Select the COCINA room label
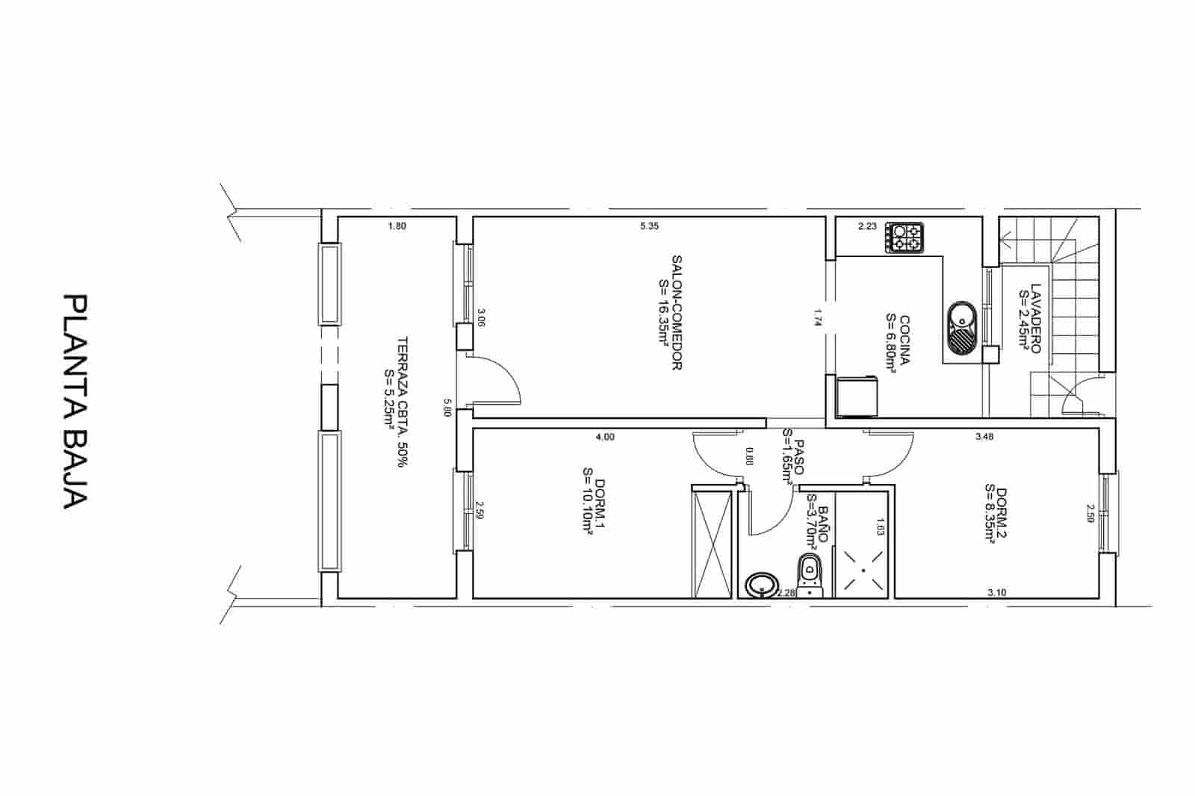(x=898, y=341)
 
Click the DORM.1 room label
(x=593, y=507)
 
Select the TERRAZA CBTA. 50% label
(x=396, y=400)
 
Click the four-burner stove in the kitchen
(x=905, y=237)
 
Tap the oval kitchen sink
(x=962, y=329)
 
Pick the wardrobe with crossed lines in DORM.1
(x=712, y=541)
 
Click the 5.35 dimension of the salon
(x=649, y=226)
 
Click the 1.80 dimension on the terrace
(x=397, y=226)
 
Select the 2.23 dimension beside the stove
(x=867, y=226)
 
